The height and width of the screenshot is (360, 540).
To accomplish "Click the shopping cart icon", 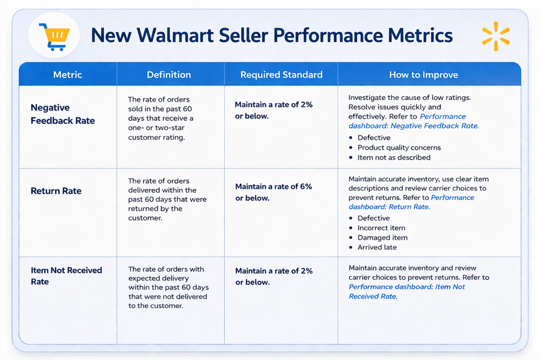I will point(54,36).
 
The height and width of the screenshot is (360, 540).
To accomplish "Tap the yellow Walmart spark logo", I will point(496,36).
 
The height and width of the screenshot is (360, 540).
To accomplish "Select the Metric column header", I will point(67,75).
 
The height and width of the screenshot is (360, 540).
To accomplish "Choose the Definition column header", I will point(169,75).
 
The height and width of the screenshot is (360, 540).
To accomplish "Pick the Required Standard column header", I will point(281,75).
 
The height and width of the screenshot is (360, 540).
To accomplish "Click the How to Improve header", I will point(423,75).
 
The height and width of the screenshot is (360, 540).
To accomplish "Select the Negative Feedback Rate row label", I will point(63,114).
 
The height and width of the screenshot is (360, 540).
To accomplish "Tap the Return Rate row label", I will point(56,191).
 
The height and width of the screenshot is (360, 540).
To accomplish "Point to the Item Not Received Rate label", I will point(66,276).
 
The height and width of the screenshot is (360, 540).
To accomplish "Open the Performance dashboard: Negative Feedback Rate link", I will point(413,121).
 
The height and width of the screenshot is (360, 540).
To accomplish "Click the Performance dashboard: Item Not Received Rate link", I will point(406,291).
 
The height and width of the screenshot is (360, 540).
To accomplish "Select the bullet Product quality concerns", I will point(399,148).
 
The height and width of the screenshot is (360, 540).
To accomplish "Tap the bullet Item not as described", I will point(394,157).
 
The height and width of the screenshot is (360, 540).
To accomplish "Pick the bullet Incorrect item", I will point(381,228).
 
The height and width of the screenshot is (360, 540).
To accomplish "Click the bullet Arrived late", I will point(377,247).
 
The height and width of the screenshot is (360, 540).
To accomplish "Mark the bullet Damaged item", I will point(382,238).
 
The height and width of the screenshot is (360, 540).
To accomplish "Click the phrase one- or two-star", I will point(156,128).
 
